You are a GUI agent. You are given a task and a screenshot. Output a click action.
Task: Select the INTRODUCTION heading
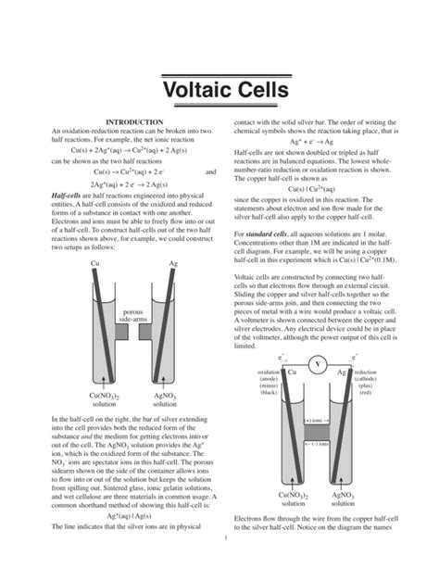point(135,122)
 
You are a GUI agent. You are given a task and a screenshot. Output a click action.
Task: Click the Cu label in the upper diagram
point(94,265)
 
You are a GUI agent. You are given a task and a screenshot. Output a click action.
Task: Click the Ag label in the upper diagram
point(173,265)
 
